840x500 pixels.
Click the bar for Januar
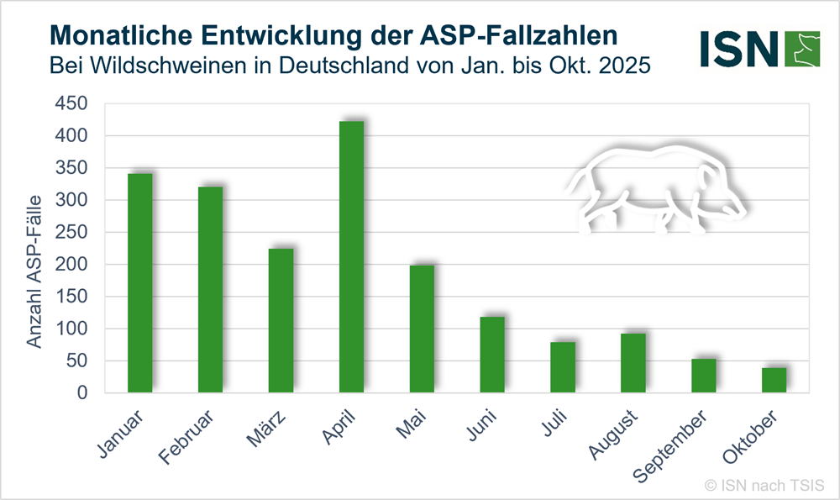pos(139,282)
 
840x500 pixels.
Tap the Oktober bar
pos(774,380)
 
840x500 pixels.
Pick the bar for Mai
pos(422,329)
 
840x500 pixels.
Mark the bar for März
pos(281,320)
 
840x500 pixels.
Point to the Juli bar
pos(563,367)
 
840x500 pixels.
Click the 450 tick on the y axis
pos(71,103)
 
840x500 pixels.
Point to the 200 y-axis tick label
pos(71,264)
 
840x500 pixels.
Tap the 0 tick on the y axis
pos(82,392)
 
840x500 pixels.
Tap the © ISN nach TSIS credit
pos(764,485)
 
